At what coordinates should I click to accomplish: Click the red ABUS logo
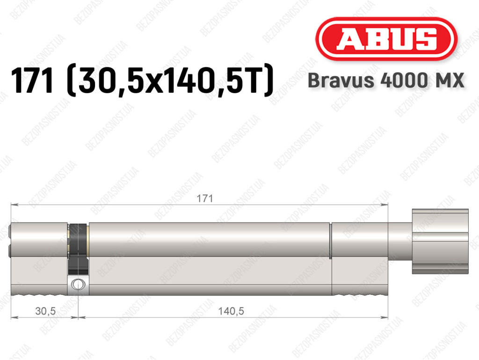(x=386, y=39)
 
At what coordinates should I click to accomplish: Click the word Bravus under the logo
(x=341, y=81)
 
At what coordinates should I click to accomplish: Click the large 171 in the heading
(x=32, y=81)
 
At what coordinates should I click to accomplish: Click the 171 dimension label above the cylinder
(x=205, y=198)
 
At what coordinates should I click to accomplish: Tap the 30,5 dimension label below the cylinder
(x=45, y=311)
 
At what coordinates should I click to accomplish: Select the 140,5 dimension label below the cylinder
(x=231, y=311)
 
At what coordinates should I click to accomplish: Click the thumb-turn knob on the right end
(x=440, y=241)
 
